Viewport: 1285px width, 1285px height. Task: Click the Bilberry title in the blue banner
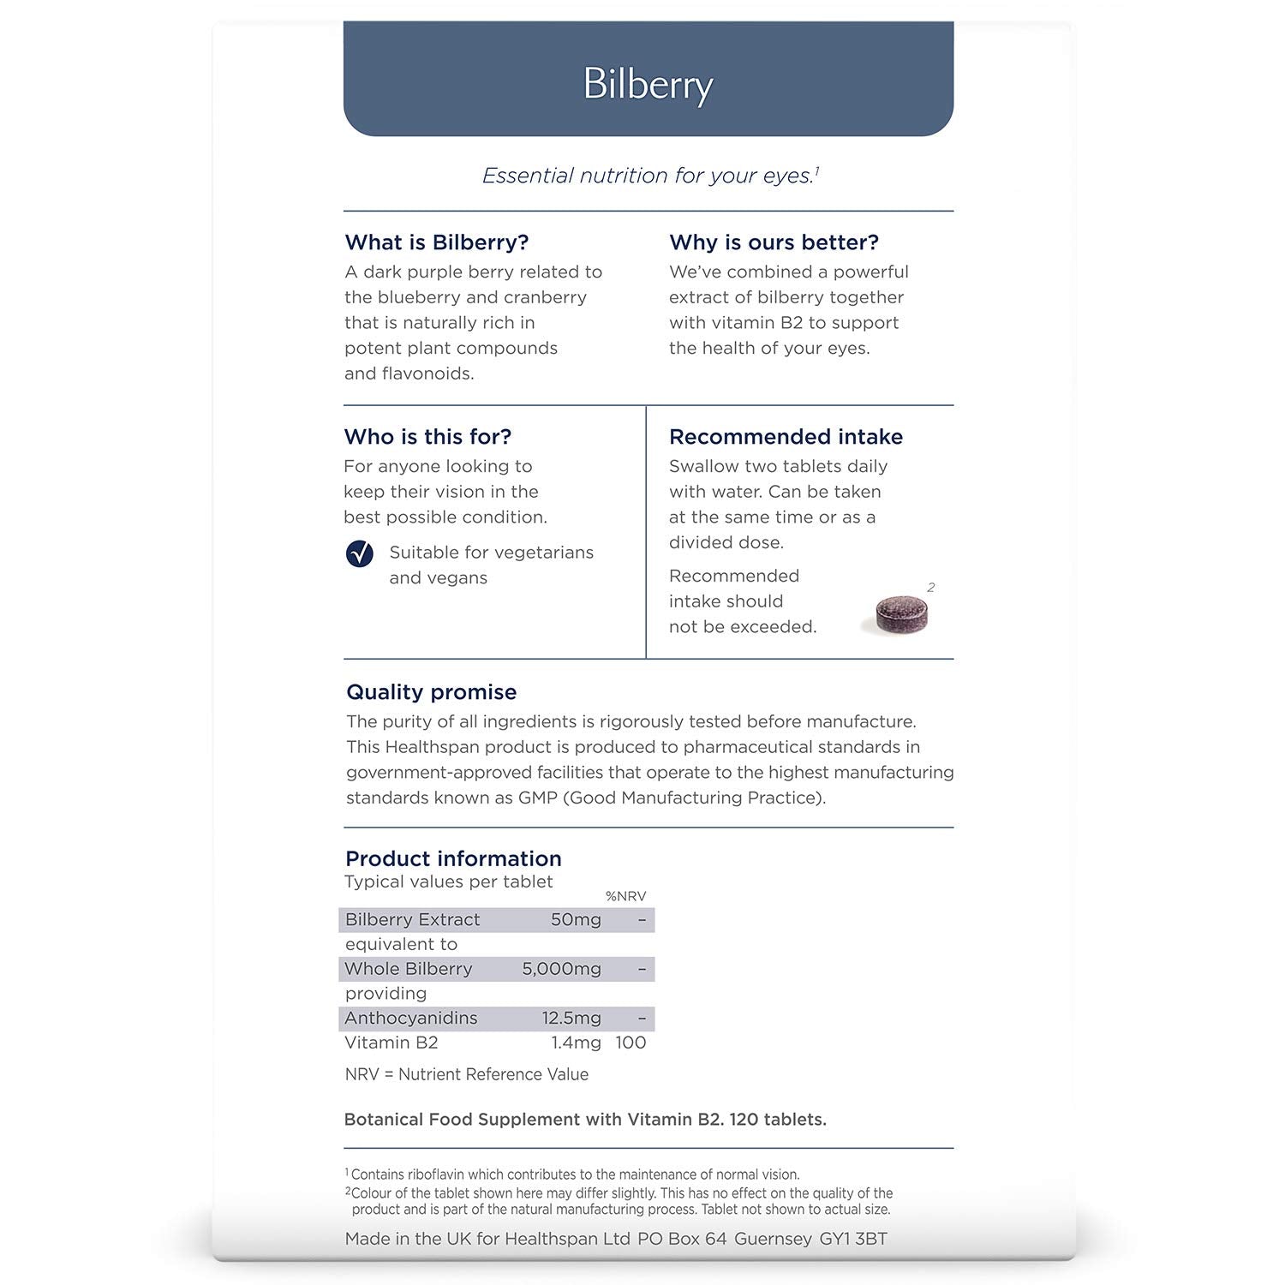pyautogui.click(x=648, y=85)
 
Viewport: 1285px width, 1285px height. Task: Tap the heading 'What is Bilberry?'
pyautogui.click(x=437, y=242)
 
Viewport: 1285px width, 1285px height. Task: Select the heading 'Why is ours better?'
pyautogui.click(x=774, y=242)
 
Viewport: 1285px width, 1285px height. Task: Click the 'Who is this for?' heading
pyautogui.click(x=427, y=437)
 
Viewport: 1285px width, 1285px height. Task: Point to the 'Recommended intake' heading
pyautogui.click(x=786, y=437)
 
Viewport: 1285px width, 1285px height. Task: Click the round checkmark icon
pyautogui.click(x=360, y=554)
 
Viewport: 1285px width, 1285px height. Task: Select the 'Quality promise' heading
pyautogui.click(x=431, y=692)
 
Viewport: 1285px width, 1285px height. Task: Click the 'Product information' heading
pyautogui.click(x=453, y=858)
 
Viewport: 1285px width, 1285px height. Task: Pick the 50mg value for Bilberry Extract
pyautogui.click(x=576, y=920)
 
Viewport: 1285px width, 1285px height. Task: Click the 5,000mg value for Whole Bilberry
pyautogui.click(x=561, y=969)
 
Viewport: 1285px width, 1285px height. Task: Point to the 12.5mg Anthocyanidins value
pyautogui.click(x=571, y=1019)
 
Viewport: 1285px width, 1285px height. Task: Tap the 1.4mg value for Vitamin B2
pyautogui.click(x=576, y=1043)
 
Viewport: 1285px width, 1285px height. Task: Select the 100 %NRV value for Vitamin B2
pyautogui.click(x=631, y=1043)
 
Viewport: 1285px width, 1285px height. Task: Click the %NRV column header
pyautogui.click(x=625, y=896)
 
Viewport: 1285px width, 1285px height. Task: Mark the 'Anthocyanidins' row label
pyautogui.click(x=410, y=1019)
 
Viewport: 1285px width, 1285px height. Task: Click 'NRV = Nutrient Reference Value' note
pyautogui.click(x=466, y=1074)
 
